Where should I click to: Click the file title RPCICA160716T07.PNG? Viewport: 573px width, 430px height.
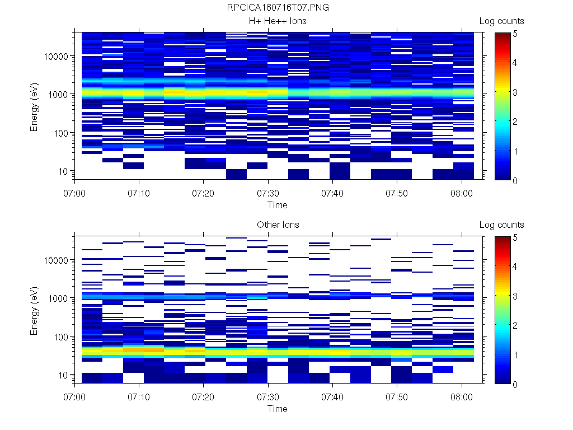[x=278, y=7]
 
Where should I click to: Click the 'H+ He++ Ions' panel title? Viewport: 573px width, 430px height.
[x=278, y=21]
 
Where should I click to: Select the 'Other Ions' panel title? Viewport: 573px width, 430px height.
[x=278, y=225]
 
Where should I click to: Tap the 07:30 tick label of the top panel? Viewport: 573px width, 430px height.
[x=268, y=193]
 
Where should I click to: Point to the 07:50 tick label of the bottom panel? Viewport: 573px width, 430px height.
[x=397, y=396]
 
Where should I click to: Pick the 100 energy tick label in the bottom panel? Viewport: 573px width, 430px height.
[x=60, y=336]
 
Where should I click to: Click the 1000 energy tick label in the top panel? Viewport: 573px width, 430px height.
[x=59, y=95]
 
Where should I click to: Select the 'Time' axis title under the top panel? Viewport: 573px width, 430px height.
[x=277, y=205]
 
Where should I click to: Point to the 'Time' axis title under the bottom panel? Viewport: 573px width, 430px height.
[x=277, y=409]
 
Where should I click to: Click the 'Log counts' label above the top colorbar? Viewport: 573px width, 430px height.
[x=502, y=21]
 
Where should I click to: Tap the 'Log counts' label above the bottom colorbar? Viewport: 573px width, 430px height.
[x=502, y=225]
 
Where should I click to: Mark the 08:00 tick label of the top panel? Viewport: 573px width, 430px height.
[x=461, y=193]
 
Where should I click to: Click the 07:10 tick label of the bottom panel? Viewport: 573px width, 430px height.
[x=139, y=396]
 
